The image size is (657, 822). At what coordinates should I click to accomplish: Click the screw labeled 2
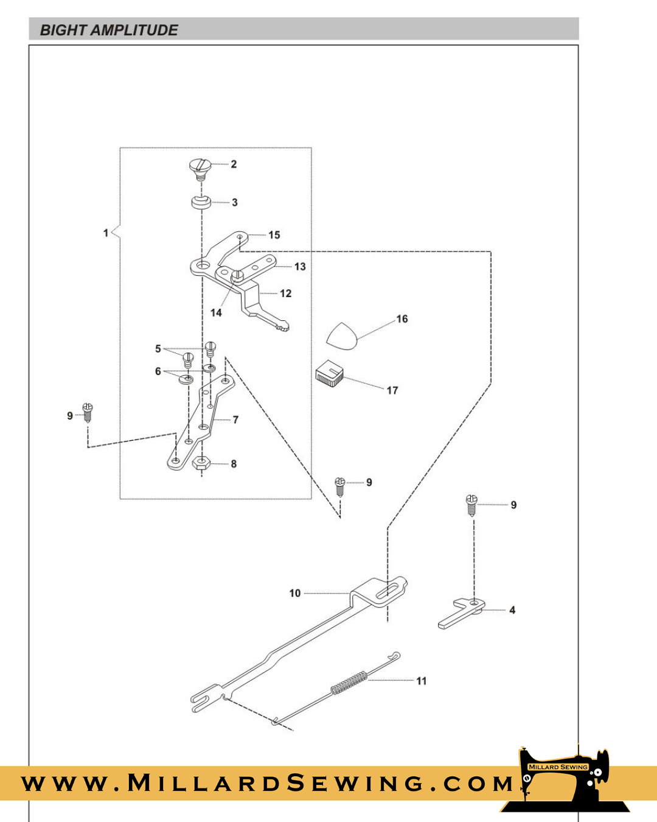200,167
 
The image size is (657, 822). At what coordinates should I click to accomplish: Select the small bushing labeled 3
201,202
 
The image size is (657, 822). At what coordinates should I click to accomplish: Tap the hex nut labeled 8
201,463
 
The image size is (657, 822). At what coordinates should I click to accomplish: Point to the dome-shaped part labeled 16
342,337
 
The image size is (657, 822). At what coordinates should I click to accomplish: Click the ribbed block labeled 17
330,374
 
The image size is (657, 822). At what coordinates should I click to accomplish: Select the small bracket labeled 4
461,613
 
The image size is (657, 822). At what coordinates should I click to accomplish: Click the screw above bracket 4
471,505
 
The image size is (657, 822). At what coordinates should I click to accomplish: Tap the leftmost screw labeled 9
88,412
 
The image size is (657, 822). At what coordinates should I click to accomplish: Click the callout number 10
295,593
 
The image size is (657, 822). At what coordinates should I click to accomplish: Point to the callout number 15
274,235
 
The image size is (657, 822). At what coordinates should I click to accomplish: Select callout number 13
300,267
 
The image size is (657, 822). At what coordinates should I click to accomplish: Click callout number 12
285,293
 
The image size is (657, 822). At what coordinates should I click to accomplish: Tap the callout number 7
235,420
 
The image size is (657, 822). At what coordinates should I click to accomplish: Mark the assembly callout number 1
106,233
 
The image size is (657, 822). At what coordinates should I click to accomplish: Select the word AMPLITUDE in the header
134,30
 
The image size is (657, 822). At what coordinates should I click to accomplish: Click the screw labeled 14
237,276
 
